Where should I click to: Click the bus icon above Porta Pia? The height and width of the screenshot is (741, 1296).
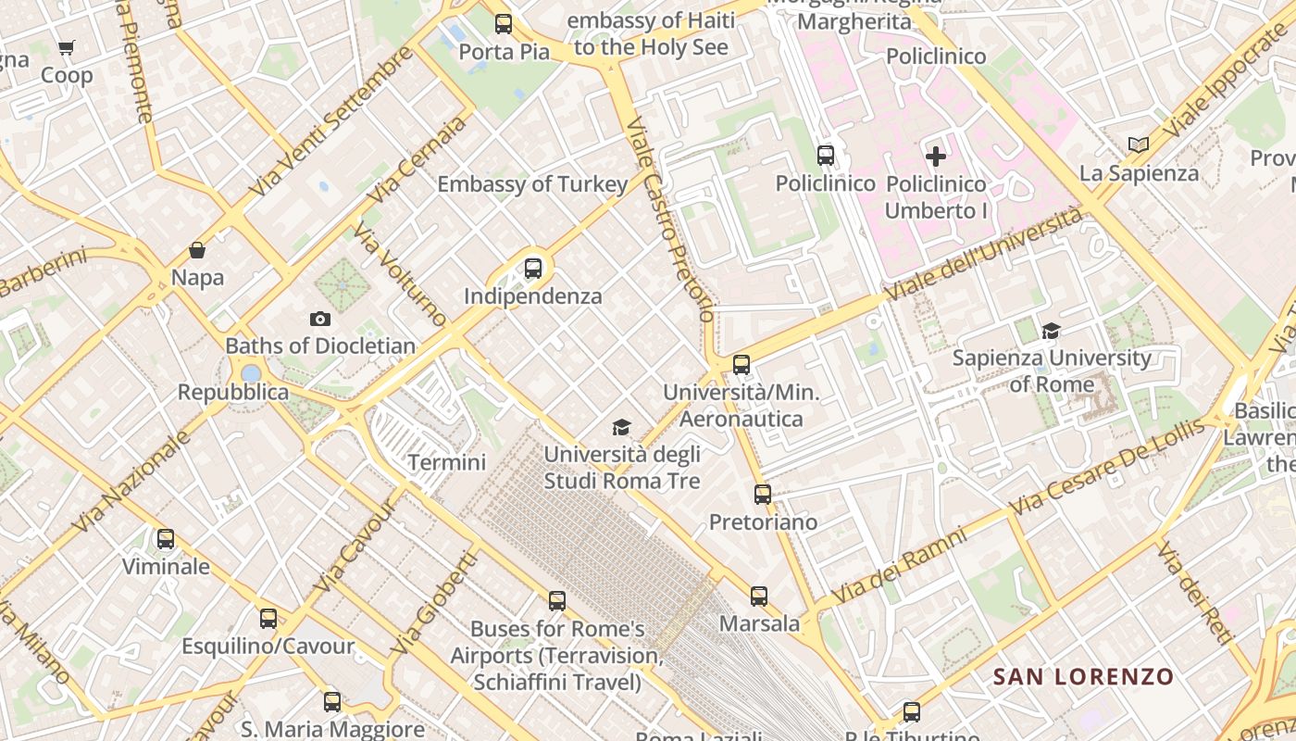504,24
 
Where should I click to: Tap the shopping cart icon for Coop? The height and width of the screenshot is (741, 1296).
66,47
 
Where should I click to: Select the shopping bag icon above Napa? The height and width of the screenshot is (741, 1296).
197,250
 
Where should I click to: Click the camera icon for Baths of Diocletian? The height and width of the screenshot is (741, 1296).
320,319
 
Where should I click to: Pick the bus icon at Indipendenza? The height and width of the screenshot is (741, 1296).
533,269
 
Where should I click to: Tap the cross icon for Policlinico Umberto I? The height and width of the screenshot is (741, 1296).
936,156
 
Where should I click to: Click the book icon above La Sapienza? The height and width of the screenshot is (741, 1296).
1139,144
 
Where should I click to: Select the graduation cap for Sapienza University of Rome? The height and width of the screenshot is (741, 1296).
1051,331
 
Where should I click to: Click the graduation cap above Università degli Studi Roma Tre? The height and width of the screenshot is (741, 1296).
621,427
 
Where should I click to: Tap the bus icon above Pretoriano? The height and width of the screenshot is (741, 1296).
763,495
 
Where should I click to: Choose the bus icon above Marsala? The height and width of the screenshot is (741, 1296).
759,597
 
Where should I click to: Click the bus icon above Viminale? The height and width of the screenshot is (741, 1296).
166,539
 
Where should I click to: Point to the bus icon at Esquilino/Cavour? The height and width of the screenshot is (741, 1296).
268,619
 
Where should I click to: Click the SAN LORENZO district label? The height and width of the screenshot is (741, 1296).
1083,677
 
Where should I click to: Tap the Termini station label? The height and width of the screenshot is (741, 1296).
447,462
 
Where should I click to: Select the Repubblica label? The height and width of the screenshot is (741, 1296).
233,392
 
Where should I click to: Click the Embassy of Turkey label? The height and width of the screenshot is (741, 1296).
532,184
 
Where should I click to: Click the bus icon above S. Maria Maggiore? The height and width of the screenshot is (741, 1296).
332,702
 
